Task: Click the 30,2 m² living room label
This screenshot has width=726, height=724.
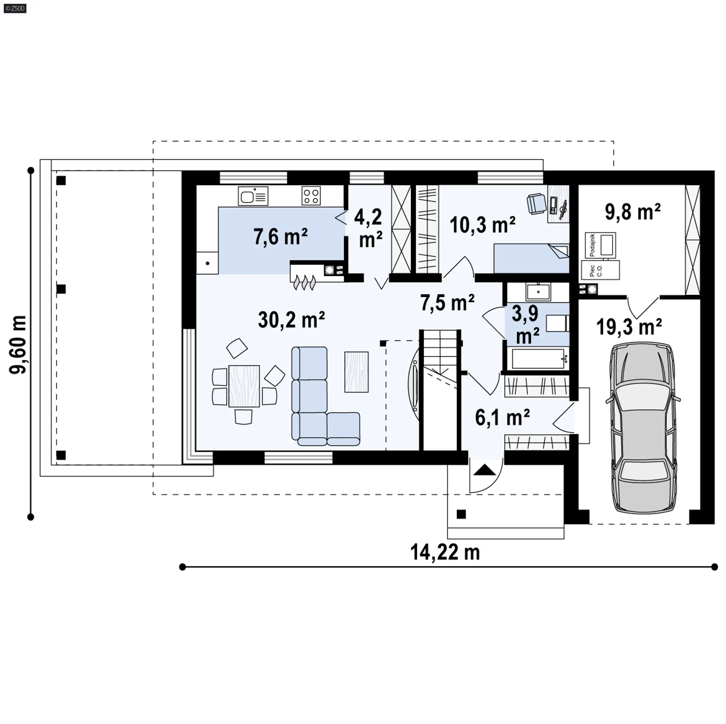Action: pos(291,320)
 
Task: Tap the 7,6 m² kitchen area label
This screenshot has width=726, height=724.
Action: pos(280,237)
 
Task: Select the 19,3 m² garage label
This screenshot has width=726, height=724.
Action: pos(629,327)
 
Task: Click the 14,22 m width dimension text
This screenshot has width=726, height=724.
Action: pos(445,552)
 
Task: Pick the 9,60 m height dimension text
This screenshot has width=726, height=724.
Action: pos(18,345)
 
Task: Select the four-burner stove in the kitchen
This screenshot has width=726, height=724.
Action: pos(311,196)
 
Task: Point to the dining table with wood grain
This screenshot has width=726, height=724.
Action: pos(244,386)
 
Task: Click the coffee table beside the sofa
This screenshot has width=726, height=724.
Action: pos(356,372)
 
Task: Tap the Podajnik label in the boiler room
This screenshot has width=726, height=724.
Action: pos(593,245)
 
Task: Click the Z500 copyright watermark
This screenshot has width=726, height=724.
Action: pos(15,8)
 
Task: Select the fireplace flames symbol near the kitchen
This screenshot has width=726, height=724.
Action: pos(304,283)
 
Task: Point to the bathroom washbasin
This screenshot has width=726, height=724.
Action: pos(538,292)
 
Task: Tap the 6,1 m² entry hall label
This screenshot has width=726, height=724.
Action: pos(502,417)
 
